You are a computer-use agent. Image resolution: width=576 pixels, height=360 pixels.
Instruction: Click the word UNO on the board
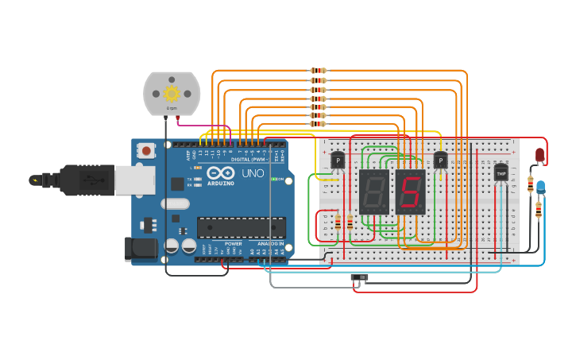[253, 173]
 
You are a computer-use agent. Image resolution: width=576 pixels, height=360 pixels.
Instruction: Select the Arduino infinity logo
[220, 173]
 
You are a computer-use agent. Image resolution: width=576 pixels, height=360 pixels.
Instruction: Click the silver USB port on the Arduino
[134, 180]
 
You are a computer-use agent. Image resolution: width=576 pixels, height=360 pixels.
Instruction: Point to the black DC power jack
[141, 248]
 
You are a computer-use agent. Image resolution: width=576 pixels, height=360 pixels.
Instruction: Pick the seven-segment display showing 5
[411, 192]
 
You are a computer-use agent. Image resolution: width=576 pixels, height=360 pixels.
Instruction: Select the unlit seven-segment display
[373, 192]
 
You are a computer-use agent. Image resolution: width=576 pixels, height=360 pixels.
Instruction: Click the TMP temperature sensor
[501, 172]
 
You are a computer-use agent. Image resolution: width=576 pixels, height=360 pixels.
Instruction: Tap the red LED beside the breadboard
[539, 155]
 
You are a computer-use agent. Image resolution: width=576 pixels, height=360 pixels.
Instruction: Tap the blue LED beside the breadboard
[540, 188]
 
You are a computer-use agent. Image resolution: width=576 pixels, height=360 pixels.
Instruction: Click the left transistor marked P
[338, 161]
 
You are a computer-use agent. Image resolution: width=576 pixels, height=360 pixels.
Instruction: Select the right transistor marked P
[440, 161]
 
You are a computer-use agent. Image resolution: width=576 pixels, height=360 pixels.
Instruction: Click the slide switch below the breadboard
[360, 277]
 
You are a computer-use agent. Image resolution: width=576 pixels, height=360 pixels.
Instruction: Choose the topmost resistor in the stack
[318, 71]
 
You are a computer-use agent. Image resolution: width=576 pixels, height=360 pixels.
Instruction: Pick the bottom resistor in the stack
[318, 124]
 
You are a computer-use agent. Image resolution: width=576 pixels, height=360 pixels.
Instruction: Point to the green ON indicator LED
[274, 179]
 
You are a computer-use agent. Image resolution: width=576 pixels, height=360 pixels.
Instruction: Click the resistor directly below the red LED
[531, 184]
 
